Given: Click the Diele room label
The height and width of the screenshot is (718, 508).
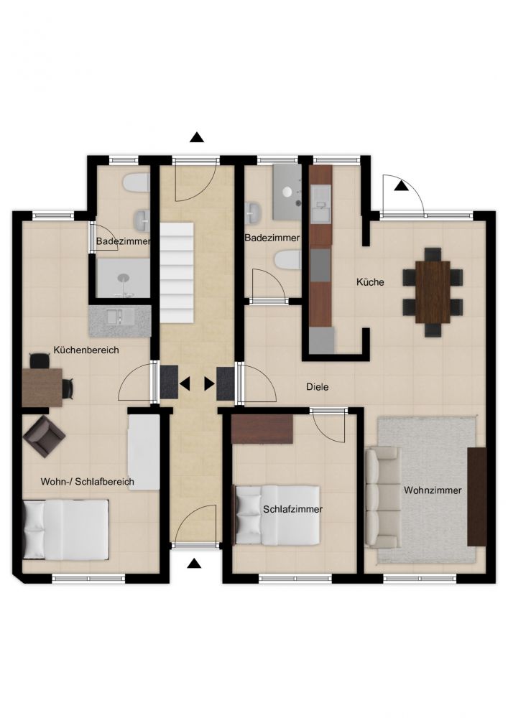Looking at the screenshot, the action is [x=318, y=387].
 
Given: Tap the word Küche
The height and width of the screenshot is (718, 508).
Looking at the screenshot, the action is [x=370, y=282].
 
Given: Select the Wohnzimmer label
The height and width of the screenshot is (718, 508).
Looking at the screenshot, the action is [x=433, y=490].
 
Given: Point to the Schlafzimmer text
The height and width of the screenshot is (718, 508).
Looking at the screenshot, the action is [x=292, y=509].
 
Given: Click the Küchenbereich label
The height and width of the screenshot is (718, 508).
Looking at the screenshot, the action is [x=86, y=350].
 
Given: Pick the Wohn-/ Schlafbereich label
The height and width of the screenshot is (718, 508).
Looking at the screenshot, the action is [x=88, y=482].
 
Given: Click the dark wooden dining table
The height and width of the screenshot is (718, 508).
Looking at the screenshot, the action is [x=433, y=292].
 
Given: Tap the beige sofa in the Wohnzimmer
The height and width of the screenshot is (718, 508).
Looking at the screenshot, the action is [x=382, y=498].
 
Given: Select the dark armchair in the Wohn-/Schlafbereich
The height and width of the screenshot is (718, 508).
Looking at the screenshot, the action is [x=44, y=437].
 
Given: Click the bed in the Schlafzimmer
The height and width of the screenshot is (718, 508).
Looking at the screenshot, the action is [x=277, y=515].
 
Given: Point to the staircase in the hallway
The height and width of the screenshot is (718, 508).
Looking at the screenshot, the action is [x=176, y=273].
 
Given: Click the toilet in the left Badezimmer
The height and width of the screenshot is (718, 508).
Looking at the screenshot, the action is [x=136, y=183].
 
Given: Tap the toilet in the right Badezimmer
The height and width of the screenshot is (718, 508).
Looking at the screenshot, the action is [x=287, y=261].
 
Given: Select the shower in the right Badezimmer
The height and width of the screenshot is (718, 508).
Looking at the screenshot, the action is [x=287, y=192].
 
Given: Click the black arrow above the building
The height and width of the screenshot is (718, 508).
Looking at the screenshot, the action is [x=197, y=137].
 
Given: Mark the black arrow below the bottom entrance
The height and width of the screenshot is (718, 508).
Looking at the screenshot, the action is [x=195, y=563].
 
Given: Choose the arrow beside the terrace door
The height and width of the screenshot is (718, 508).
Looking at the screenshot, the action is [x=401, y=185].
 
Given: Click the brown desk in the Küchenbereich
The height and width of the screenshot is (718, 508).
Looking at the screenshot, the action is [x=42, y=388].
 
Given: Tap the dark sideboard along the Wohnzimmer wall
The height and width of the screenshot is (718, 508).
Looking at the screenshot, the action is [x=476, y=496].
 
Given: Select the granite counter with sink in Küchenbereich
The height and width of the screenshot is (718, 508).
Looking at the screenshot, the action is [x=119, y=322].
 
